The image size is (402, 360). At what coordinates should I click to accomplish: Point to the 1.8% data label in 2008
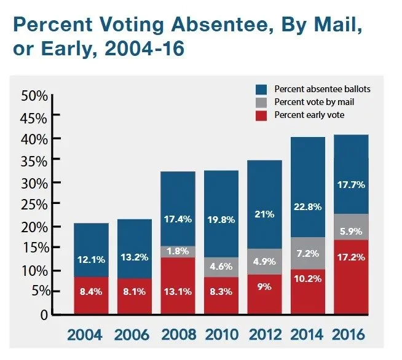(x=178, y=251)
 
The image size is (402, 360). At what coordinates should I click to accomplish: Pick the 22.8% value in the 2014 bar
(x=307, y=206)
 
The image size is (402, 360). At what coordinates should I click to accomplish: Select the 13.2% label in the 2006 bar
(x=134, y=257)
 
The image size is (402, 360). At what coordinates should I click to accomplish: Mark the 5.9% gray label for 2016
(x=350, y=232)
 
